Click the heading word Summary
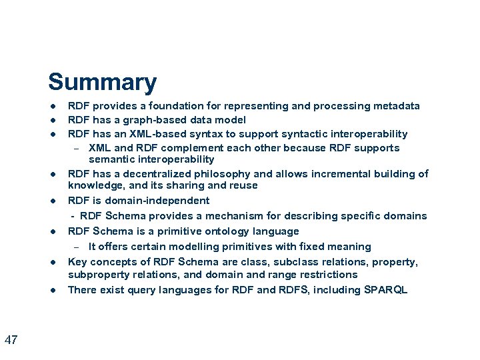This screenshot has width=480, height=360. [102, 83]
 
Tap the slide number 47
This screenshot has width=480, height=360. [11, 341]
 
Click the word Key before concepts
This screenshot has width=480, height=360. [78, 262]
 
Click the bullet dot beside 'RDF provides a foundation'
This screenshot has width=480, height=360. [51, 106]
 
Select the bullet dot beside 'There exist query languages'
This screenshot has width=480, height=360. [51, 290]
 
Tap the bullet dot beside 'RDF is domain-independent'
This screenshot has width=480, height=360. [51, 201]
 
